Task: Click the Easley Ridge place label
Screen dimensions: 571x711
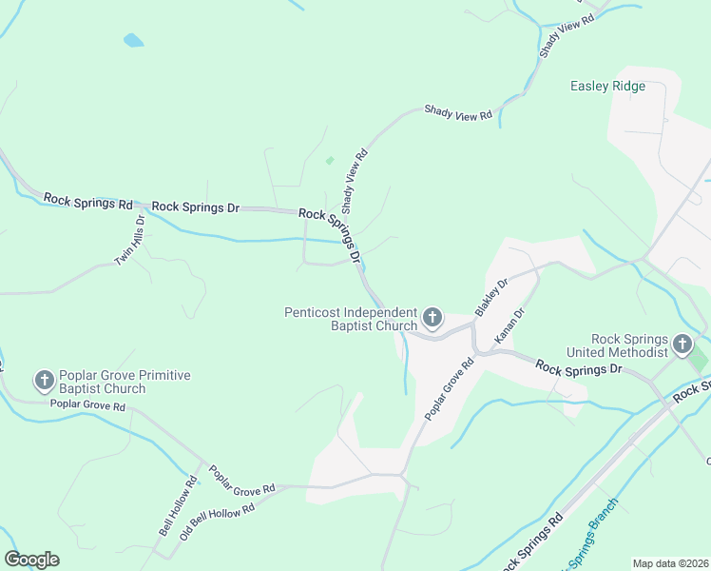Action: point(607,87)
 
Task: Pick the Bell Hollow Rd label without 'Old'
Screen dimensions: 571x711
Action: point(178,505)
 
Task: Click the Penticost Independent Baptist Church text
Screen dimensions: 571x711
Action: point(351,319)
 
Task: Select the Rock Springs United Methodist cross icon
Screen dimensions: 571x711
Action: point(682,344)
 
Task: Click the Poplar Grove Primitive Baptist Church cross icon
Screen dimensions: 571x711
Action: point(44,382)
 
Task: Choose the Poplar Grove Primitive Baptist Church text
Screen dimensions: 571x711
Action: point(125,382)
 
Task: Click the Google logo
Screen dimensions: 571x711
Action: point(31,560)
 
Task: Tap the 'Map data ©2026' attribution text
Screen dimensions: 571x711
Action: point(670,563)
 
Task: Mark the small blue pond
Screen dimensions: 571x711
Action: point(134,41)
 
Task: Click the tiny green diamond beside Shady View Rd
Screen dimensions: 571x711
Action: point(330,161)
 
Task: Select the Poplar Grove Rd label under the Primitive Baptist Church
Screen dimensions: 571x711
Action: point(87,406)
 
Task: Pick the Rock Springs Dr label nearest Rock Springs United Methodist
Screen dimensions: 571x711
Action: point(577,367)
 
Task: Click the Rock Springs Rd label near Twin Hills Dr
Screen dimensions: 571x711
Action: point(88,202)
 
